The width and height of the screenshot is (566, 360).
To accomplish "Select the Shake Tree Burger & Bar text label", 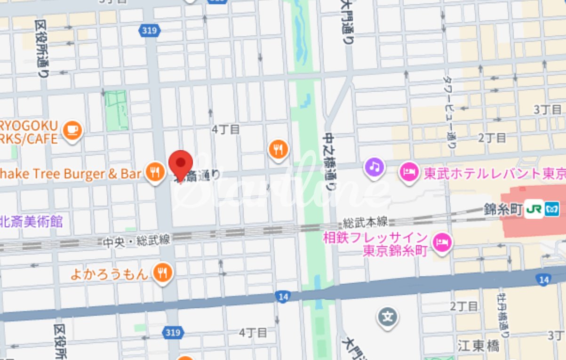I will click(71, 174).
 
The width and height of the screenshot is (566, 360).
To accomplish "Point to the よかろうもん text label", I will click(109, 273).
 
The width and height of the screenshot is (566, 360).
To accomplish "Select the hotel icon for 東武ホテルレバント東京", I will click(409, 172).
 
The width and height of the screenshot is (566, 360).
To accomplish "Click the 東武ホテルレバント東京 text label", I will click(494, 173).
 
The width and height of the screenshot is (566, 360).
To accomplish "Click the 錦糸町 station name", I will click(503, 209).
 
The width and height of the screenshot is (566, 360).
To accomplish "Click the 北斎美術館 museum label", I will click(32, 221).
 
